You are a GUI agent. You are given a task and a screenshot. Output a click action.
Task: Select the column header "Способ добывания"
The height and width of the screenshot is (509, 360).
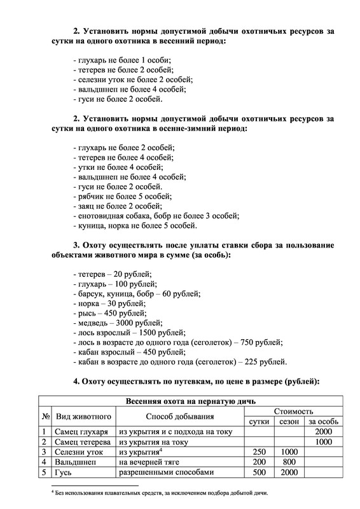click(180, 417)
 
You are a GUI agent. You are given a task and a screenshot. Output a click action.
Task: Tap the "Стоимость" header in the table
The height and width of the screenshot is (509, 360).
click(293, 412)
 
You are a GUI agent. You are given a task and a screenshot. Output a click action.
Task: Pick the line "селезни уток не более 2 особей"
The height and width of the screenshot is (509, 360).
click(133, 80)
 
